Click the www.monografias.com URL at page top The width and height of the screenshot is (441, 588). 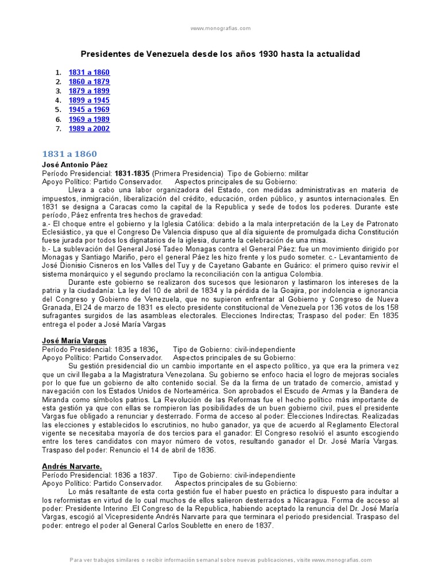click(x=220, y=28)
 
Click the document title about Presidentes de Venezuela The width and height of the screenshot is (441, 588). click(x=220, y=54)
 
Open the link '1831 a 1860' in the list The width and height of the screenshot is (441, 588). click(x=89, y=73)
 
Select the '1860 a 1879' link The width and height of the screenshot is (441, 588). click(x=89, y=82)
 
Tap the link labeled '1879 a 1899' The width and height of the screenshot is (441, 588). click(x=89, y=91)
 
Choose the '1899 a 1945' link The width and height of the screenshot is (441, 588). click(x=89, y=100)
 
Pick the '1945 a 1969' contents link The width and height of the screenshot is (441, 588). click(x=89, y=110)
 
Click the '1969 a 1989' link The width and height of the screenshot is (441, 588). click(x=89, y=119)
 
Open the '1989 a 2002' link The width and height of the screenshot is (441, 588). click(x=89, y=129)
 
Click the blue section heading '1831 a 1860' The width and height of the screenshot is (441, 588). click(x=69, y=154)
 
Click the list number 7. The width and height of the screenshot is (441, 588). click(x=57, y=129)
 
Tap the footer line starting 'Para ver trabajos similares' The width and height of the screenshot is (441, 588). click(x=220, y=560)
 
